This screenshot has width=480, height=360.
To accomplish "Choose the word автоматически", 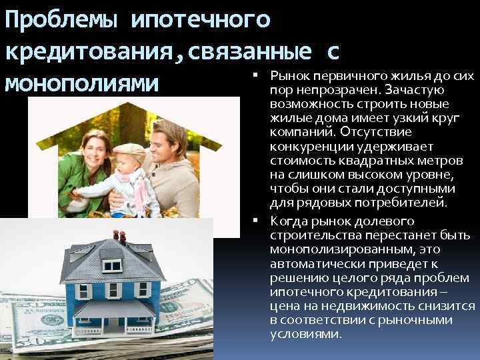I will pos(309,263).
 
